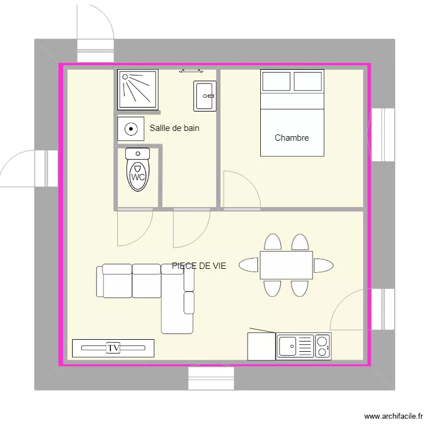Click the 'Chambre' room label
pos(292,138)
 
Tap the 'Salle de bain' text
pos(174,128)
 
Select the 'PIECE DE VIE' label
pos(199,265)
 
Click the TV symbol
pos(113,348)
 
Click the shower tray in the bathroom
pos(137,89)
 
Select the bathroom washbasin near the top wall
pos(204,96)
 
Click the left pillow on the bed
pos(276,82)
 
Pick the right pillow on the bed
pos(308,82)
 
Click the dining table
pos(286,265)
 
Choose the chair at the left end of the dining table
pos(249,265)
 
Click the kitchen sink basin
pos(288,347)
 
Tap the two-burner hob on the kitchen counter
pos(323,347)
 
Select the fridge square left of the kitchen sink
pos(261,347)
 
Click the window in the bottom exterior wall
pos(212,379)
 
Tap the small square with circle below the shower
pos(131,129)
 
